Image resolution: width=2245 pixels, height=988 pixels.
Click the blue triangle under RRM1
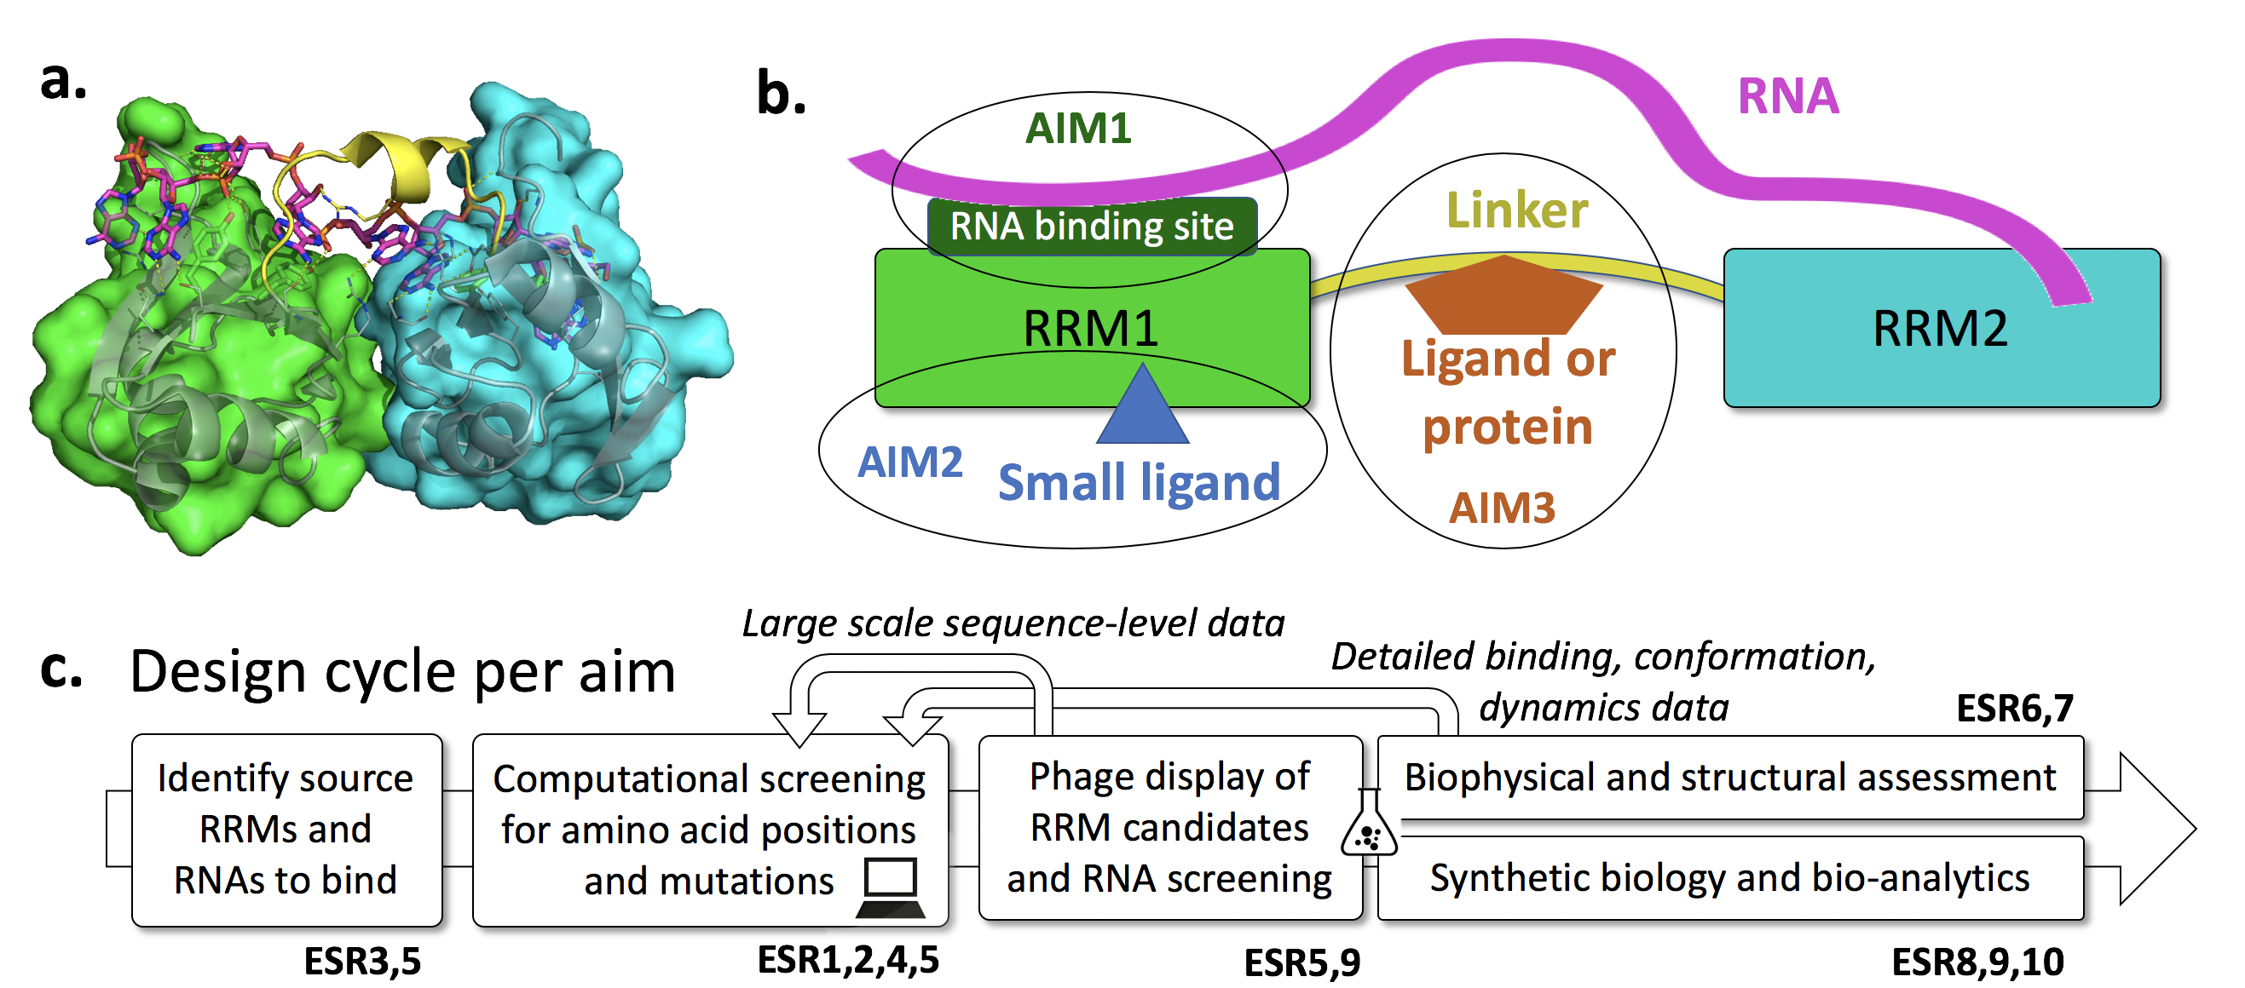[1141, 408]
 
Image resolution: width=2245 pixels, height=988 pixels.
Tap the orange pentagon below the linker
[1504, 296]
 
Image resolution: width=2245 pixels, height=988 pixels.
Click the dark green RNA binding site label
[1091, 227]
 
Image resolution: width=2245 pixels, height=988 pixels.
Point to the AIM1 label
[1078, 129]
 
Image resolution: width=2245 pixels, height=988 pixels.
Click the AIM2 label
[910, 462]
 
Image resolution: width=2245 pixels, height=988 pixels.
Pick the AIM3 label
[1502, 507]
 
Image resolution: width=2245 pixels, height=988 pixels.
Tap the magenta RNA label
[1787, 96]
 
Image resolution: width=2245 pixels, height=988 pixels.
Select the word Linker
[1516, 210]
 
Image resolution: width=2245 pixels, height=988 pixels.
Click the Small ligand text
[1138, 482]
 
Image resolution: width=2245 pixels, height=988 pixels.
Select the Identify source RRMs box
[286, 829]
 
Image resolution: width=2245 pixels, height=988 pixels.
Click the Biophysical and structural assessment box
[1730, 777]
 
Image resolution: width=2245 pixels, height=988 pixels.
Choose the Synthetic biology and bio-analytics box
[1730, 878]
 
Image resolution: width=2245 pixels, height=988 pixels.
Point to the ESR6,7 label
[2014, 709]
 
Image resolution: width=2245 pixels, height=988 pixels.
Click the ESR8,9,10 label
[1977, 962]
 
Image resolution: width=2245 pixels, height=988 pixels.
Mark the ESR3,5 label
[361, 962]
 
